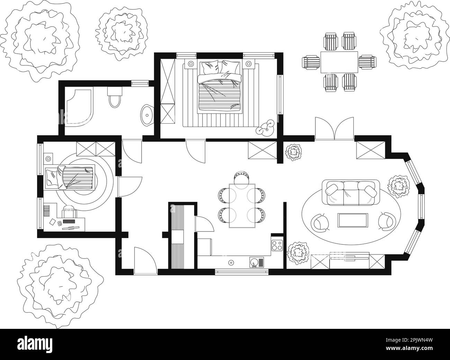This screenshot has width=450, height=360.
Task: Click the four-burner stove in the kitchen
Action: coord(277,245)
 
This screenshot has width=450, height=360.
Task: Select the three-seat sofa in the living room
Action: coord(349,193)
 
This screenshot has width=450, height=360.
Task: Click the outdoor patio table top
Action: coord(339,62)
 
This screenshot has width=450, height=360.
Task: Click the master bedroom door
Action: coord(196,151)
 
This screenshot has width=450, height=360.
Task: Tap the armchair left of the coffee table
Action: coord(321,222)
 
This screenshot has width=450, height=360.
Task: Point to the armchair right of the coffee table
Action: coord(387,221)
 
